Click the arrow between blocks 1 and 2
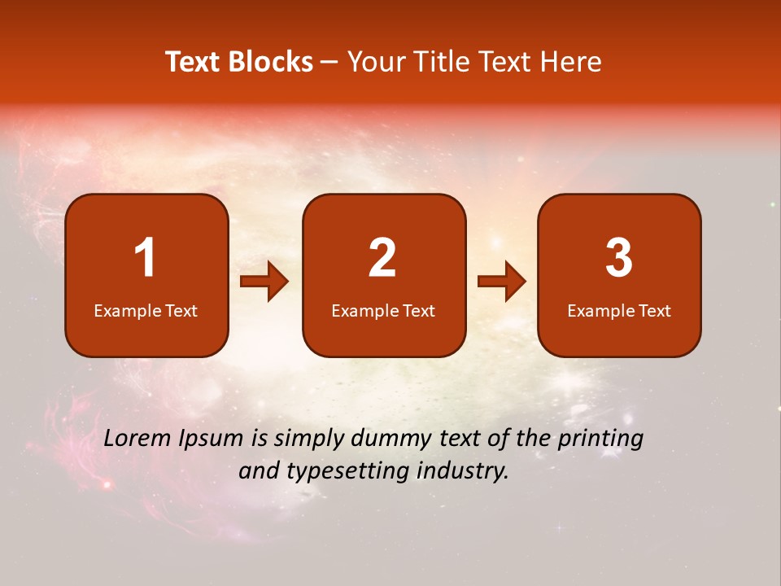click(x=264, y=282)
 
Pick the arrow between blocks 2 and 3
click(x=502, y=282)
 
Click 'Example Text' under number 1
click(x=146, y=310)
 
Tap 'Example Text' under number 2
click(x=383, y=310)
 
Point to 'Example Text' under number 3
click(x=619, y=310)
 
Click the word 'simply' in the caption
click(x=308, y=439)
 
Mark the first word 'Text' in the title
click(x=193, y=62)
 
